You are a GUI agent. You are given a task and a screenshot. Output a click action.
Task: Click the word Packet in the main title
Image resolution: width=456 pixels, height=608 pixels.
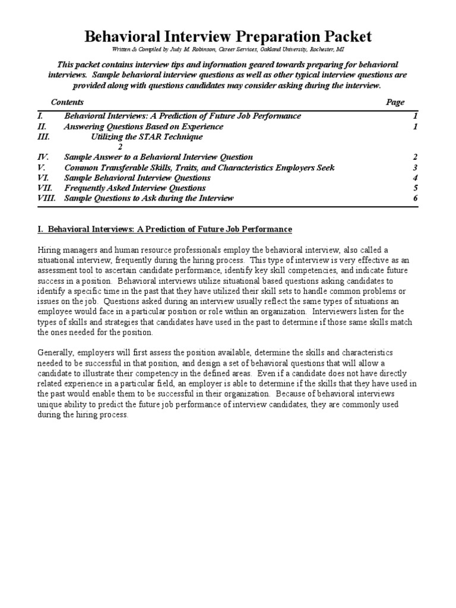pos(343,37)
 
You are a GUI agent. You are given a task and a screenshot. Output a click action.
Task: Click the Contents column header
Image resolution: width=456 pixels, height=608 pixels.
pos(67,102)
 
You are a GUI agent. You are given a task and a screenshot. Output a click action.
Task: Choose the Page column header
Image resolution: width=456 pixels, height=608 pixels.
pos(395,102)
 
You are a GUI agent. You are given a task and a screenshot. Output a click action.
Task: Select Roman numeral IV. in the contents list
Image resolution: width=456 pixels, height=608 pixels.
pos(43,157)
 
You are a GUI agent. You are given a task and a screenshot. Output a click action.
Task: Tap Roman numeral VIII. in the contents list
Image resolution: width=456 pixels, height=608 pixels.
pos(46,198)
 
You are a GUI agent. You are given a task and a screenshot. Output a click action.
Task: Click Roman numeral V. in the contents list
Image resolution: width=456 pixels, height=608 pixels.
pos(42,167)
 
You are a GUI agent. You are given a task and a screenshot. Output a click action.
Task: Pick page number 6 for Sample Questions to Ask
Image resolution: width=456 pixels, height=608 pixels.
pos(416,198)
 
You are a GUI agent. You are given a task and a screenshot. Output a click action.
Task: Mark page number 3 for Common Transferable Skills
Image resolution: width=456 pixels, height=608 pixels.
pos(416,167)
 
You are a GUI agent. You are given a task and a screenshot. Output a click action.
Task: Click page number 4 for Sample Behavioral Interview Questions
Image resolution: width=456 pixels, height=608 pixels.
pos(416,178)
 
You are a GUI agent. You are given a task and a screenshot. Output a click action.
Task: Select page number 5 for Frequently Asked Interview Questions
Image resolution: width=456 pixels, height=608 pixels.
pos(416,188)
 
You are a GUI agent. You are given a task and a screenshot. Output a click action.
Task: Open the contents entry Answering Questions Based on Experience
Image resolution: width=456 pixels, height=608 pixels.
pos(144,126)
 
